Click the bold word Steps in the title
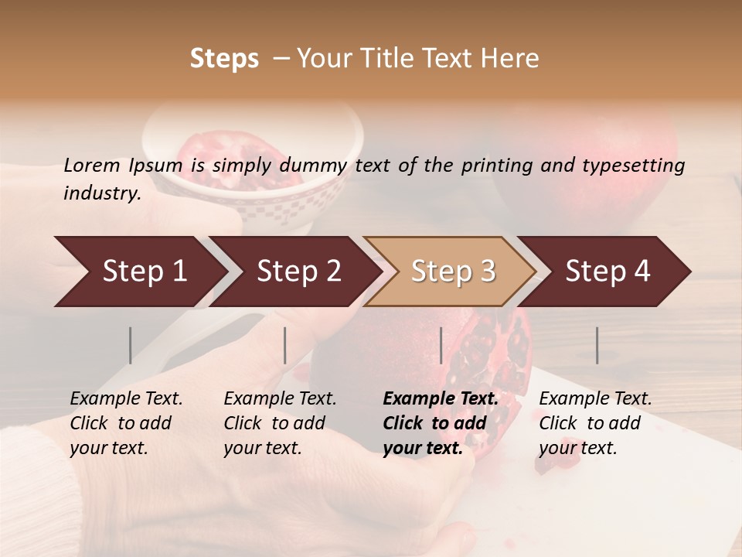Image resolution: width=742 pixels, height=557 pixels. (224, 58)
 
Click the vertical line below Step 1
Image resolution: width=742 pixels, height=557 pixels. (130, 345)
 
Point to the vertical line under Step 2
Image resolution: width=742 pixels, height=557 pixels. (285, 345)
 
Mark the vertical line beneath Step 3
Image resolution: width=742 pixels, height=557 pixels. (441, 345)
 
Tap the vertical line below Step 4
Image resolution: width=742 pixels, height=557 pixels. (597, 345)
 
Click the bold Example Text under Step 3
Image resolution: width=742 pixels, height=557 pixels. (441, 399)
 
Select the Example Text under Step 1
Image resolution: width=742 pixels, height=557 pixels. (126, 399)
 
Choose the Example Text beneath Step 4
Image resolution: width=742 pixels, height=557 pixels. (595, 399)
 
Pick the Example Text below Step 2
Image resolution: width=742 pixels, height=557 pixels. (280, 399)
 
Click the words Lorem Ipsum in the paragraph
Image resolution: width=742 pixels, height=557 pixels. (123, 166)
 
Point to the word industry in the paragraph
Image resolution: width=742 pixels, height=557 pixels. (102, 193)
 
